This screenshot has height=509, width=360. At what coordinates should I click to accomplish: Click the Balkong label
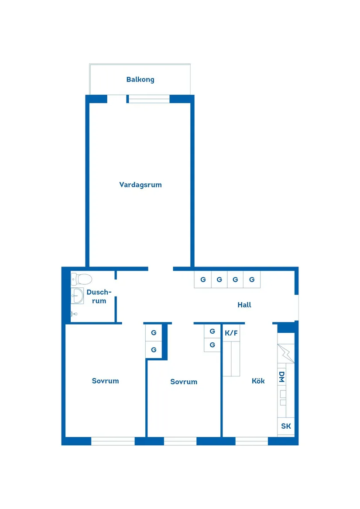[140, 80]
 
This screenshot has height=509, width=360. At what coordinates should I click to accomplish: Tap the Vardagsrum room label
[141, 185]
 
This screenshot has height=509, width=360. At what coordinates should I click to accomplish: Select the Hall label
[244, 305]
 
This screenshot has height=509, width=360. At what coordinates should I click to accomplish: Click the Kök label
[258, 381]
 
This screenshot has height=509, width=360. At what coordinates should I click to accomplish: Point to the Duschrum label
[99, 297]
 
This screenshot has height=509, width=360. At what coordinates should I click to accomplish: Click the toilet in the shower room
[82, 278]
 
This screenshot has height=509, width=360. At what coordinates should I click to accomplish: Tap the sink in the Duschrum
[77, 296]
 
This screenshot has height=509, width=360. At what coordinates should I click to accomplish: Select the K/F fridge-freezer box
[231, 333]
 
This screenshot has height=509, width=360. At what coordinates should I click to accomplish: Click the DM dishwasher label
[282, 377]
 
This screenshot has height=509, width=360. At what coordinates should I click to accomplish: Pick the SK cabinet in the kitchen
[286, 426]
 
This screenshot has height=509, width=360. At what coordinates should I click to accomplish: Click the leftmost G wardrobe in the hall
[203, 280]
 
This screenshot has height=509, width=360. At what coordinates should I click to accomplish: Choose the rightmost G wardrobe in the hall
[252, 280]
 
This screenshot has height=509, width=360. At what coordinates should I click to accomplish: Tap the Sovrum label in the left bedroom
[105, 381]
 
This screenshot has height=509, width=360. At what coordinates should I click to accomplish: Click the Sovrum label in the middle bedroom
[184, 382]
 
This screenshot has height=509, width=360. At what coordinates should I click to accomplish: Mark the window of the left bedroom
[113, 441]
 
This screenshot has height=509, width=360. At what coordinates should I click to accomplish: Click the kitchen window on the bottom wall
[251, 441]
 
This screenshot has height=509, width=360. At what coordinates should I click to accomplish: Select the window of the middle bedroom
[180, 441]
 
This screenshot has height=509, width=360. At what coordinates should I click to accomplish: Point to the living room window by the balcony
[149, 99]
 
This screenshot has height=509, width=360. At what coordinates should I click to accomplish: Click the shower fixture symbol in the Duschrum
[74, 314]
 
